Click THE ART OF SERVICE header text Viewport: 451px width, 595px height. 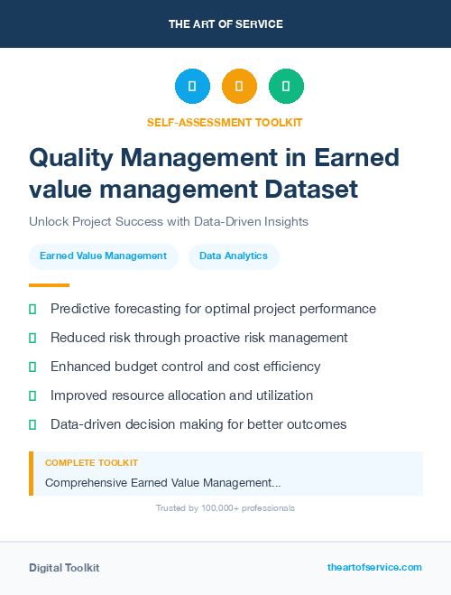point(225,23)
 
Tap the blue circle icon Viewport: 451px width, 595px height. point(192,86)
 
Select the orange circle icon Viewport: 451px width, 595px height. point(239,86)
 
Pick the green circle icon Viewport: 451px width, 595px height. point(286,86)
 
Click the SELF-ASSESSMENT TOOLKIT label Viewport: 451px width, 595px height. point(225,122)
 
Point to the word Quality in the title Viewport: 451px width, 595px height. point(75,157)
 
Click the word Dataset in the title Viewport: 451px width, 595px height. point(311,190)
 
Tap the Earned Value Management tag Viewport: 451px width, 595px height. point(103,256)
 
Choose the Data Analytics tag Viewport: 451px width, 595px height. point(234,256)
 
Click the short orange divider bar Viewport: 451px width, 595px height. point(49,284)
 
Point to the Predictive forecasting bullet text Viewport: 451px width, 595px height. point(213,309)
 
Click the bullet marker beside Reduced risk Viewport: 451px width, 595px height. point(32,338)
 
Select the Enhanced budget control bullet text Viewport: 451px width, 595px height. point(185,367)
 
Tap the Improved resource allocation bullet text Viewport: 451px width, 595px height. point(181,395)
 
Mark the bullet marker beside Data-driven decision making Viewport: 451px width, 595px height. point(32,424)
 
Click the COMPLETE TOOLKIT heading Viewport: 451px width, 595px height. point(91,462)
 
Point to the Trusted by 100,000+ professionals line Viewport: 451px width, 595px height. point(225,508)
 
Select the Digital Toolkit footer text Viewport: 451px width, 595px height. point(64,567)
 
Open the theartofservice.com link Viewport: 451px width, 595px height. point(374,567)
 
